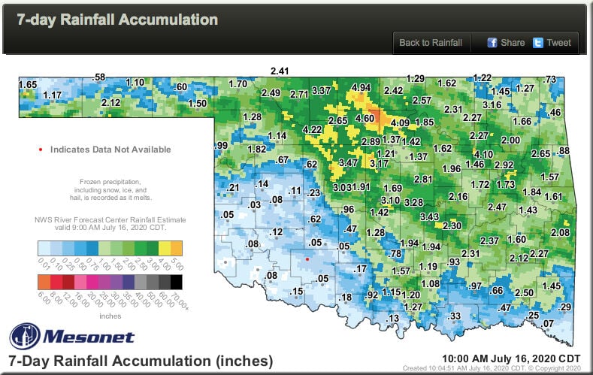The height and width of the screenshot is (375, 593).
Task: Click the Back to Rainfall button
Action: (x=430, y=43)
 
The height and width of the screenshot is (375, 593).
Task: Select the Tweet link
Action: (x=552, y=43)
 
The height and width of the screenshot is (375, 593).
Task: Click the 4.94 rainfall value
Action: (x=362, y=88)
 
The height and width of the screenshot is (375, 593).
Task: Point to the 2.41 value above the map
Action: (x=280, y=71)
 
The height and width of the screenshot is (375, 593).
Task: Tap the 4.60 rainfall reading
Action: (x=365, y=118)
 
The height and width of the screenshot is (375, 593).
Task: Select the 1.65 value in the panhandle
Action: (x=28, y=84)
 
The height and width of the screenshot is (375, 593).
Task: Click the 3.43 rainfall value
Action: (x=429, y=216)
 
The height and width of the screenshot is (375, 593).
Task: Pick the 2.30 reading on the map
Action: (x=452, y=225)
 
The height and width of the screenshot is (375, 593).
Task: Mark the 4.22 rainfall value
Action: (x=312, y=130)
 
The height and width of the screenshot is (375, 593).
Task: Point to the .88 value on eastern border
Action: (x=564, y=151)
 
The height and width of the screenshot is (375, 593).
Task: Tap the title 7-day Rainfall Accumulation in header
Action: (x=113, y=20)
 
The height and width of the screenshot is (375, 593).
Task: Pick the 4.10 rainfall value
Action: (x=483, y=155)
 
